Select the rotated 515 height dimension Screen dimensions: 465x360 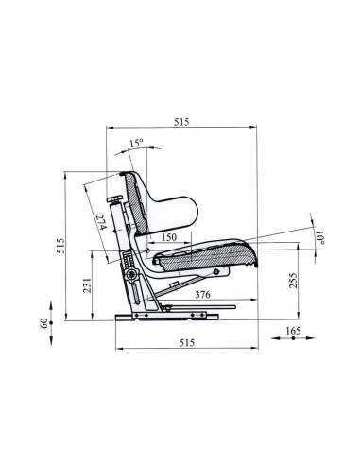[x=59, y=248]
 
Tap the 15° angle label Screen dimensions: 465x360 [x=136, y=144]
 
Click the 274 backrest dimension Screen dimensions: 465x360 [x=101, y=224]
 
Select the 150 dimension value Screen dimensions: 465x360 [x=169, y=236]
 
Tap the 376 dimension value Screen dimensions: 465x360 [x=199, y=295]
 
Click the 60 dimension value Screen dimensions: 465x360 [x=43, y=323]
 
